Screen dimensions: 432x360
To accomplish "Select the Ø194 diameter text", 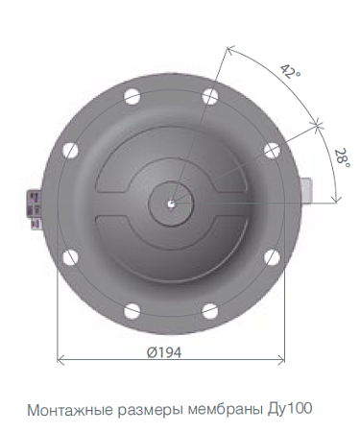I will click(165, 350).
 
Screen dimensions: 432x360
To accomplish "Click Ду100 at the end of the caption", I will click(290, 408).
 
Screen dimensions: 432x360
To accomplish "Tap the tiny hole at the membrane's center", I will click(169, 203).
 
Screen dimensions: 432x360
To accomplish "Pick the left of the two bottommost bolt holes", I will click(132, 310).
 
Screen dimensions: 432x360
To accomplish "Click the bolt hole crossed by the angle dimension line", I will click(272, 150).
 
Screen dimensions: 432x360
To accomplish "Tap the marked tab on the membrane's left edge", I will click(36, 209).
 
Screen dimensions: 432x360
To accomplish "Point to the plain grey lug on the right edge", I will click(307, 187).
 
